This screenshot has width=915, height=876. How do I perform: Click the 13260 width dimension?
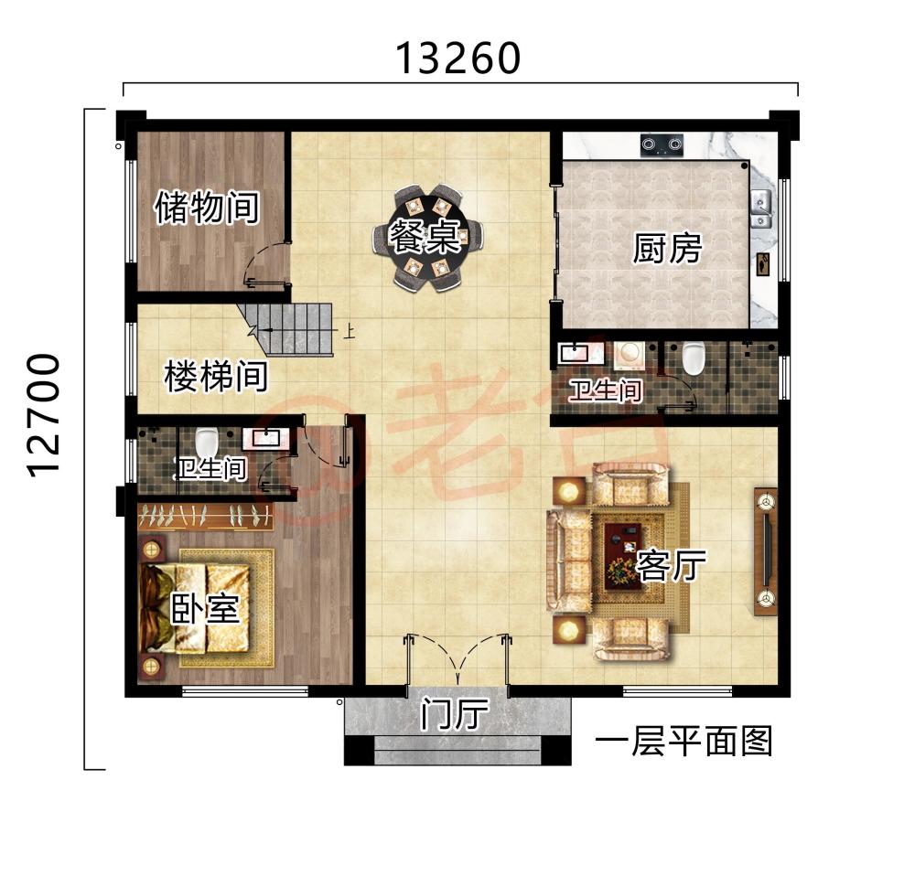tap(457, 59)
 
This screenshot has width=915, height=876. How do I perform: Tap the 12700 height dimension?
tap(44, 414)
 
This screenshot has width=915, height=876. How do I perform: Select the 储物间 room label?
tap(207, 208)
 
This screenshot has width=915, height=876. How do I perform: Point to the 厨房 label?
tap(667, 248)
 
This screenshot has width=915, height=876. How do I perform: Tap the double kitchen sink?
tap(760, 209)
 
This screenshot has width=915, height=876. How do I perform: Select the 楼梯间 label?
tap(216, 376)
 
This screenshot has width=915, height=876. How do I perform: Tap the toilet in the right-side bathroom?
tap(694, 357)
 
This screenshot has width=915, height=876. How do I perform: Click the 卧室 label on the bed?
tap(205, 609)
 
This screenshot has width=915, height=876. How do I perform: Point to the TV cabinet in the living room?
tap(765, 551)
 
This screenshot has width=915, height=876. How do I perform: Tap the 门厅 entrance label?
tap(456, 715)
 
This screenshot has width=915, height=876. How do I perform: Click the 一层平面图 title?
tap(684, 741)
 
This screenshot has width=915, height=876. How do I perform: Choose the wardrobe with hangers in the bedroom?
tap(205, 517)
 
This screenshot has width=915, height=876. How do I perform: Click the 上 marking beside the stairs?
tap(349, 332)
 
